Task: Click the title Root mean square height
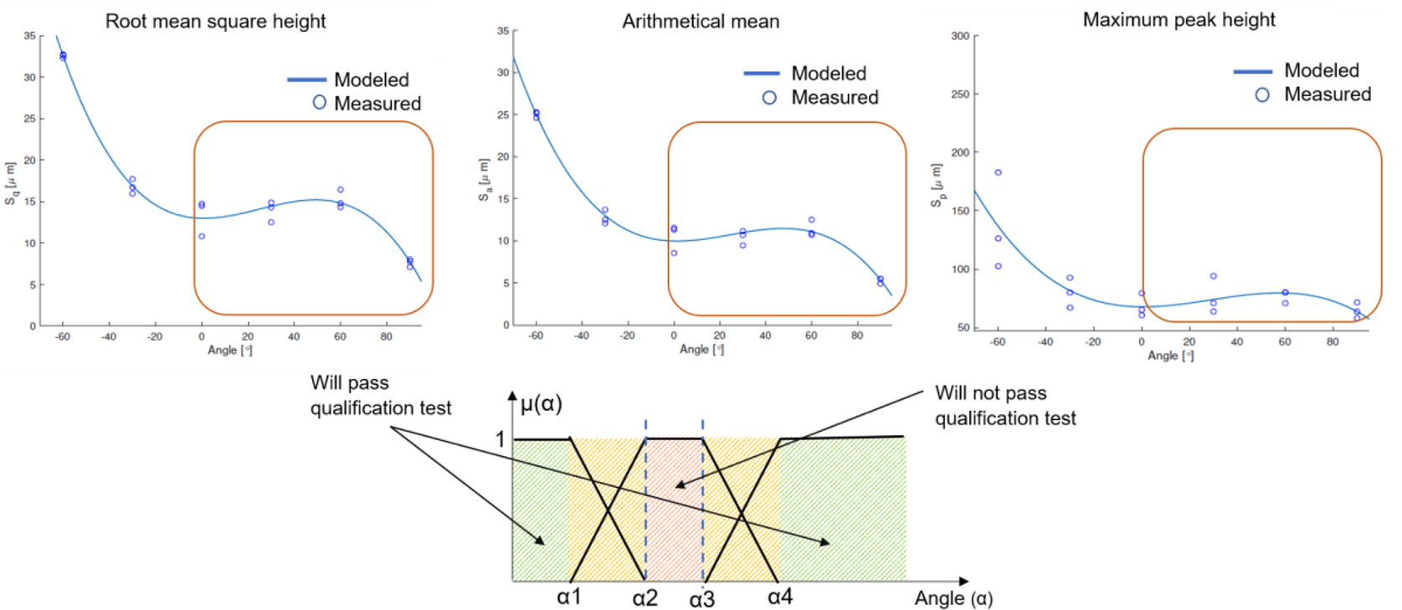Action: pyautogui.click(x=215, y=22)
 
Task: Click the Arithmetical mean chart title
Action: pyautogui.click(x=701, y=22)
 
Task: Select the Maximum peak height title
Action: pyautogui.click(x=1179, y=20)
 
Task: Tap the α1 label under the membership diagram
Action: pyautogui.click(x=569, y=597)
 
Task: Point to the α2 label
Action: pyautogui.click(x=645, y=598)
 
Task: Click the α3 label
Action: pyautogui.click(x=702, y=599)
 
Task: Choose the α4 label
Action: pyautogui.click(x=780, y=597)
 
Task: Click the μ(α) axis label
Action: pyautogui.click(x=541, y=404)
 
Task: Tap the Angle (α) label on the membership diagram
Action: pyautogui.click(x=953, y=598)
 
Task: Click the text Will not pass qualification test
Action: pyautogui.click(x=1004, y=406)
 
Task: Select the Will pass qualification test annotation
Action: pyautogui.click(x=380, y=395)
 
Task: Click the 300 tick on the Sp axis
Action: pyautogui.click(x=959, y=36)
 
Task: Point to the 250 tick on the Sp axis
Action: pyautogui.click(x=959, y=95)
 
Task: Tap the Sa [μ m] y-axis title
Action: pyautogui.click(x=484, y=180)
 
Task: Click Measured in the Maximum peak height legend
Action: pyautogui.click(x=1327, y=95)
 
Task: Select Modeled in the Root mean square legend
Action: pyautogui.click(x=371, y=79)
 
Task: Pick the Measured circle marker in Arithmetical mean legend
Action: pyautogui.click(x=769, y=98)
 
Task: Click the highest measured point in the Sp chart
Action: pyautogui.click(x=998, y=172)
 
